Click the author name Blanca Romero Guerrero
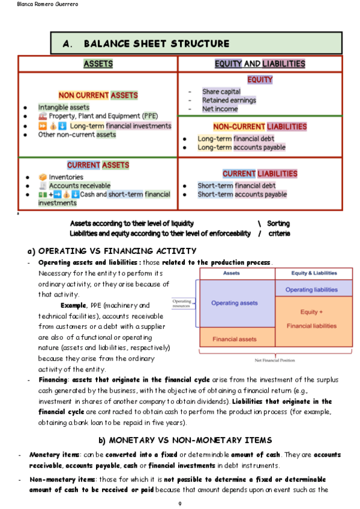point(31,5)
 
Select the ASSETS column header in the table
point(98,64)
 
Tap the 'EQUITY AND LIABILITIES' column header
point(260,64)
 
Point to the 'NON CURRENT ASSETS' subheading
point(98,95)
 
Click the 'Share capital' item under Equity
point(221,92)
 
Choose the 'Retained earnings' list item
point(229,100)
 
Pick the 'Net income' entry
point(220,109)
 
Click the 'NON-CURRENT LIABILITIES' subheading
point(260,127)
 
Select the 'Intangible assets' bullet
point(64,107)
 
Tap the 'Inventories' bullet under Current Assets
point(66,177)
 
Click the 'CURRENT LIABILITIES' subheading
point(260,173)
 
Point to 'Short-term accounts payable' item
point(242,194)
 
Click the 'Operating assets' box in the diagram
point(234,303)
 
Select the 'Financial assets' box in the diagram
point(234,340)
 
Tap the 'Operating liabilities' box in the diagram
point(311,290)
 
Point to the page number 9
point(179,503)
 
